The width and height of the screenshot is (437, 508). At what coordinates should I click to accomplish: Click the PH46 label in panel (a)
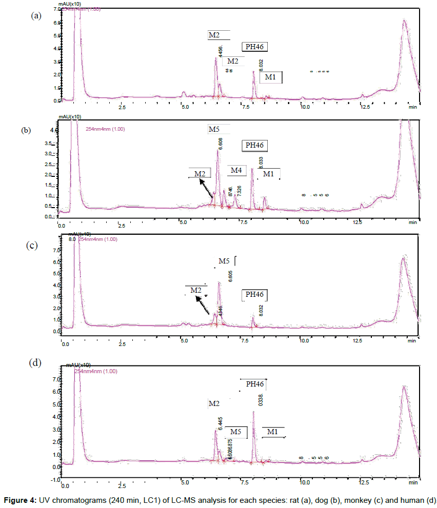(x=255, y=47)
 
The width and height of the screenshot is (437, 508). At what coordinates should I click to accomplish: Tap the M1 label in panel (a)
(x=270, y=77)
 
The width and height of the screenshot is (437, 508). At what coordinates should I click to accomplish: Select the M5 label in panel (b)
(x=214, y=129)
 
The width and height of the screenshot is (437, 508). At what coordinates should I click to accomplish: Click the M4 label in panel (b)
(x=236, y=170)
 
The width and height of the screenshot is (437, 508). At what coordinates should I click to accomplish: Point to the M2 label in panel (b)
(x=200, y=173)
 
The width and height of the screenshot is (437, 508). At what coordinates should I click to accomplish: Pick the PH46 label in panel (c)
(x=254, y=295)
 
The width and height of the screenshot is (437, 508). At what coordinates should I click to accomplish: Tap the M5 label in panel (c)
(x=224, y=261)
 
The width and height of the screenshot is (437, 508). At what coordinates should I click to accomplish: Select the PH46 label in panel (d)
(x=254, y=384)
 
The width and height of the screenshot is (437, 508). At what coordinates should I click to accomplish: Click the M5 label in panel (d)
(x=236, y=432)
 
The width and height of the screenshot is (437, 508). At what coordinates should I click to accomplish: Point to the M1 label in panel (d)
(x=272, y=433)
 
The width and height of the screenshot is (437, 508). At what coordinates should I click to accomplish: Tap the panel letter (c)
(x=32, y=245)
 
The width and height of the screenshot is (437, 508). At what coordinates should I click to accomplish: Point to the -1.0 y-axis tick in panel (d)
(x=54, y=480)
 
